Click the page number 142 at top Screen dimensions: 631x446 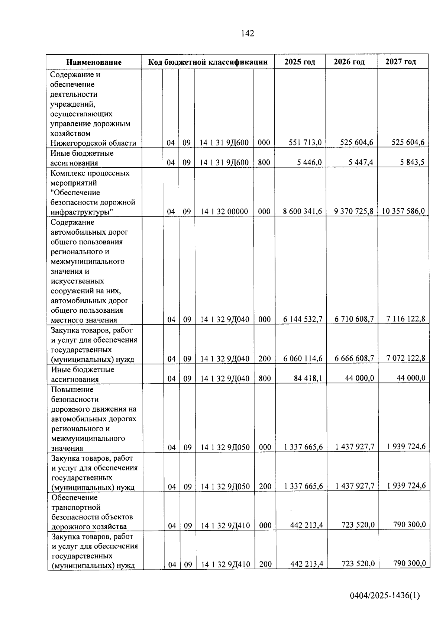(248, 33)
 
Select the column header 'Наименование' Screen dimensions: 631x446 (94, 62)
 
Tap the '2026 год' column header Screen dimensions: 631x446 (349, 62)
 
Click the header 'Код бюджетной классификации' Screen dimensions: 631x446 (208, 62)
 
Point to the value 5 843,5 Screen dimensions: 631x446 (412, 162)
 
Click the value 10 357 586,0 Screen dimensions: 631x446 (403, 211)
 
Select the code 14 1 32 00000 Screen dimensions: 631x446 (224, 212)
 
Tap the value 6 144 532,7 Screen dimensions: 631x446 (303, 319)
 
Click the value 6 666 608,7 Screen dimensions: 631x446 (354, 358)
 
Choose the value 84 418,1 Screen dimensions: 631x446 (308, 378)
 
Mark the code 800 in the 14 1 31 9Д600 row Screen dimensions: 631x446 (264, 162)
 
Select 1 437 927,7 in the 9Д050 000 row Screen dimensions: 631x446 (355, 447)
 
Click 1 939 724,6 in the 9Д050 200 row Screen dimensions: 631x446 (406, 486)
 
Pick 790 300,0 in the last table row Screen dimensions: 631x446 (410, 563)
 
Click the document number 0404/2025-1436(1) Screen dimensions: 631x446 (385, 596)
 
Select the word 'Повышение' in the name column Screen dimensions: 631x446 (72, 390)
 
